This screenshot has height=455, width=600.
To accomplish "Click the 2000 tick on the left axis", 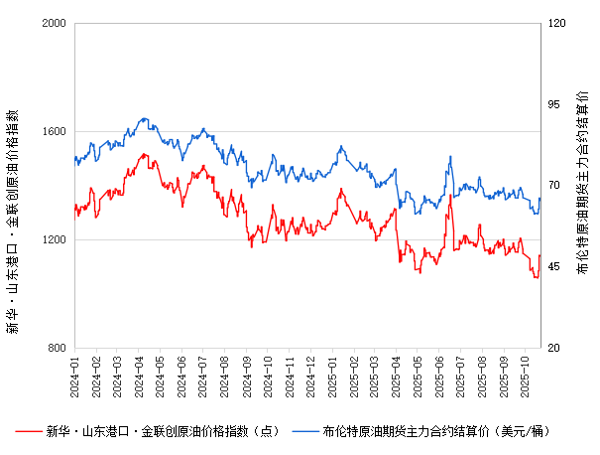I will tap(55, 23).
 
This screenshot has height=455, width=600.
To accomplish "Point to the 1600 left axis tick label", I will tap(55, 131).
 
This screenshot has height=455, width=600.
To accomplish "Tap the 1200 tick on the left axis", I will tap(55, 239).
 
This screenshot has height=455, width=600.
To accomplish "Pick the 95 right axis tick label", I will tap(555, 104).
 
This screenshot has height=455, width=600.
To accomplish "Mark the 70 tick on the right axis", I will tap(555, 186).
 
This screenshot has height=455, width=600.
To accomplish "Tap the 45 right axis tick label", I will tap(555, 267).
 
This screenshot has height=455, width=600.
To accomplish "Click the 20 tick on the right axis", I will tap(555, 348).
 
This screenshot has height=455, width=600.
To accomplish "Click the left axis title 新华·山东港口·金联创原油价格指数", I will tap(14, 185).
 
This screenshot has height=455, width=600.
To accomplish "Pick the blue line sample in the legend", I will tap(304, 431).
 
